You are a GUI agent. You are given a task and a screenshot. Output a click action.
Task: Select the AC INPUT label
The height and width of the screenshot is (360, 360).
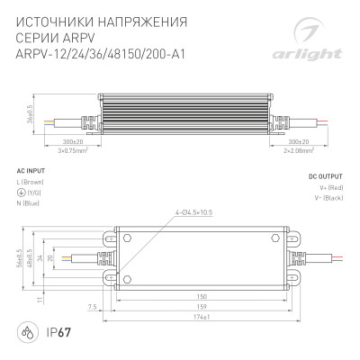tap(32, 168)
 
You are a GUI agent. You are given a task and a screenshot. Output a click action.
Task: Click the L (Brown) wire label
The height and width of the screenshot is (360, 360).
tap(33, 182)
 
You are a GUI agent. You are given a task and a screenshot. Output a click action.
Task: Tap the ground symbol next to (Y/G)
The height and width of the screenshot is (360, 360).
tap(22, 191)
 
